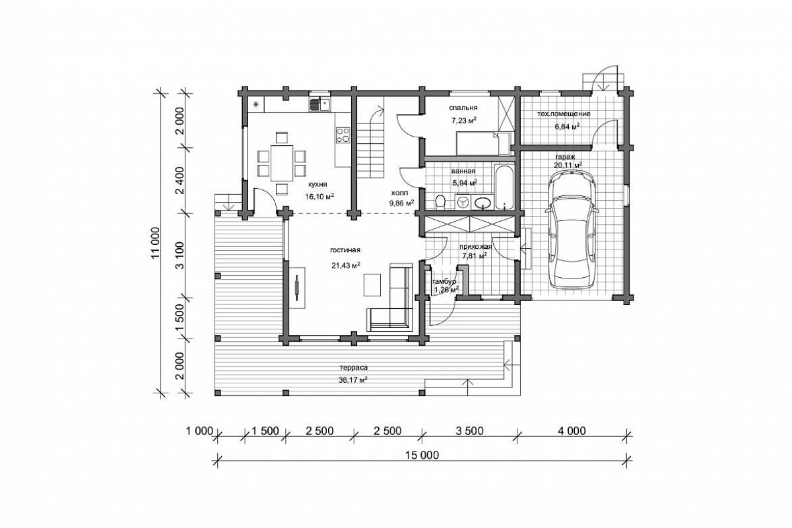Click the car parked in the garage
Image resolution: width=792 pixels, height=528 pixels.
(572, 230)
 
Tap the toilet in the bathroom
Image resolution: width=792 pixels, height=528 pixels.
(440, 202)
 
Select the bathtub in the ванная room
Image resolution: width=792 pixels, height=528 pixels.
(504, 187)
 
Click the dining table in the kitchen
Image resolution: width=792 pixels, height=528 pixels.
(282, 162)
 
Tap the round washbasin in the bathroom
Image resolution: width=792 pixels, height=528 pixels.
(482, 203)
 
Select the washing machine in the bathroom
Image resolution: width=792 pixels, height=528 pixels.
(463, 202)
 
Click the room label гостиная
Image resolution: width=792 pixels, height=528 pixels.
(345, 250)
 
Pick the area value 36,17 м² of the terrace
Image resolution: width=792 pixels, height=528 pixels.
(352, 380)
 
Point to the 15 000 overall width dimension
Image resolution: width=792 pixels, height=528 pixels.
(422, 455)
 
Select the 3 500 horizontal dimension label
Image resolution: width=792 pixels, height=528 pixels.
(469, 431)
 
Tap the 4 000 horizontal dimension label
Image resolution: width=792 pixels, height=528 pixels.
(572, 431)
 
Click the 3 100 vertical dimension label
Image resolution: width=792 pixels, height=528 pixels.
(180, 255)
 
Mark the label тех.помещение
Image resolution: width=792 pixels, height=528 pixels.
(564, 114)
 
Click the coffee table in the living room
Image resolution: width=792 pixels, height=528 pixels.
(372, 284)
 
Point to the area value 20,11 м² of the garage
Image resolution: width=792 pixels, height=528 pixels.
(568, 165)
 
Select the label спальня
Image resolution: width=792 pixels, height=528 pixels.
(463, 108)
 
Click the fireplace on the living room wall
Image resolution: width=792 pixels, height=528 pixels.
(297, 288)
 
